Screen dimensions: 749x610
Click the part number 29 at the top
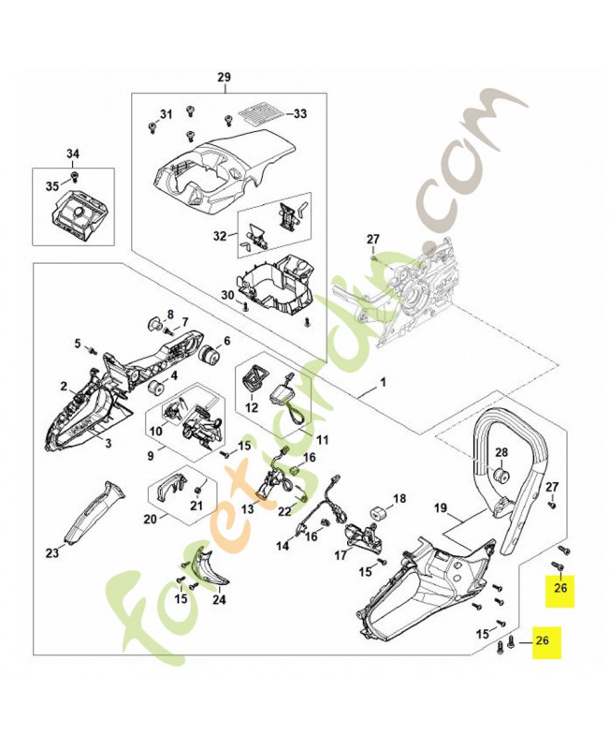tap(224, 77)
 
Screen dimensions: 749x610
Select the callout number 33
tap(299, 114)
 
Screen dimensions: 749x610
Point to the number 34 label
tap(73, 154)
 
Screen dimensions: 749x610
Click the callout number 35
tap(51, 185)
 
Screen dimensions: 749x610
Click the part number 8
tap(170, 314)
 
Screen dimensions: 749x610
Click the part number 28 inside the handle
tap(501, 453)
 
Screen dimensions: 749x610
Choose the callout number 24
tap(221, 600)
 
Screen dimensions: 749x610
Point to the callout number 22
tap(283, 509)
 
